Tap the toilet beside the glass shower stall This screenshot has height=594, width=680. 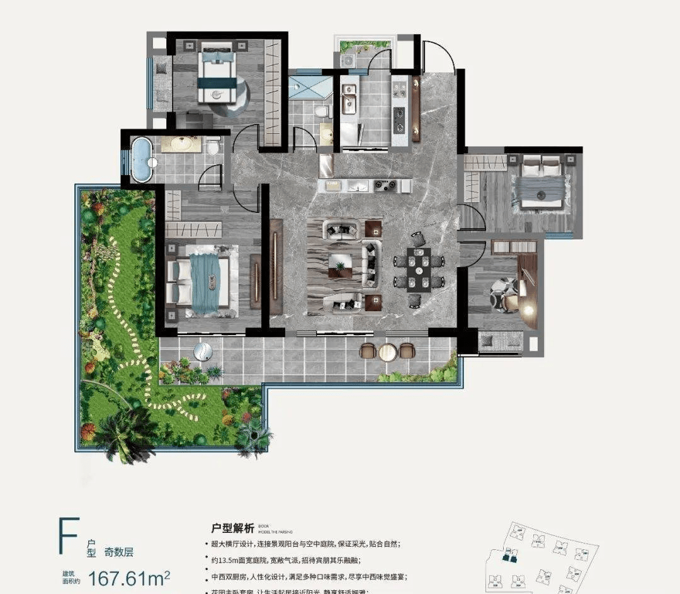[x=322, y=112]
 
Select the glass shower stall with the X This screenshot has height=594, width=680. [x=309, y=88]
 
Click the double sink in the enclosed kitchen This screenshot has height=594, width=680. [x=348, y=100]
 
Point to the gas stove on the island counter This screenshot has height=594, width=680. [x=382, y=185]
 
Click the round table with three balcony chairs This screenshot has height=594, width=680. [x=387, y=351]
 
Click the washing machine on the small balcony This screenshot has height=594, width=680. [x=347, y=61]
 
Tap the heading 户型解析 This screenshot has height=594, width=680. [x=232, y=529]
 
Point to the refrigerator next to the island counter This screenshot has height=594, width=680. [x=327, y=165]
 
